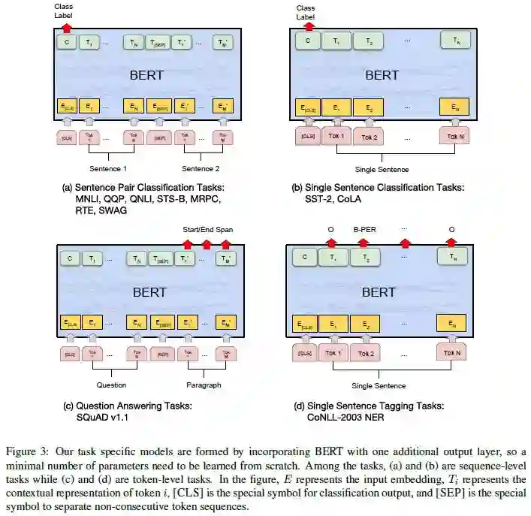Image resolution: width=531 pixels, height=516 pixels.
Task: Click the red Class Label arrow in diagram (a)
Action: click(66, 26)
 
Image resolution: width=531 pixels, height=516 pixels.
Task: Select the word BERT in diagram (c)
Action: click(148, 291)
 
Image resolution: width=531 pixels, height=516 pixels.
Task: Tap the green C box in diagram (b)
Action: click(307, 41)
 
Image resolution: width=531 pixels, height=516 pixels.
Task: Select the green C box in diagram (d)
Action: click(304, 258)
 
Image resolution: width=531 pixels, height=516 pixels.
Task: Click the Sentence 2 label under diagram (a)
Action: click(201, 168)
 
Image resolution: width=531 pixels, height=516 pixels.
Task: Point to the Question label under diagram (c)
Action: click(111, 385)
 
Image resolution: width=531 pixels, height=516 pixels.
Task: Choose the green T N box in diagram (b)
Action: click(454, 41)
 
